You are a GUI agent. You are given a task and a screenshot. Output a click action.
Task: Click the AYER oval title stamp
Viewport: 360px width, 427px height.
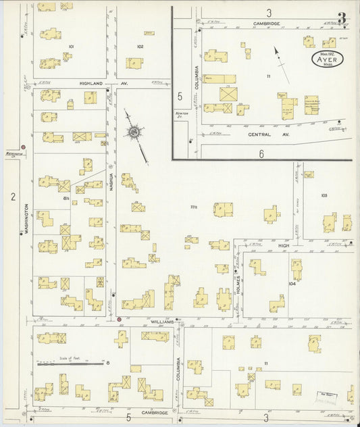328,59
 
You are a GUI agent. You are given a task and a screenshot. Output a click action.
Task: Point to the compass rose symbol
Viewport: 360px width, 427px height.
135,131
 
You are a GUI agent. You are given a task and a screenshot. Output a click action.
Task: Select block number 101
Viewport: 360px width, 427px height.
71,47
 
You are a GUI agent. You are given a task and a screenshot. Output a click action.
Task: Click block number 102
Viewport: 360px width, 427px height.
140,47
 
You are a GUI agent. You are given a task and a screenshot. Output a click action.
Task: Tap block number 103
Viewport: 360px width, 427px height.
324,195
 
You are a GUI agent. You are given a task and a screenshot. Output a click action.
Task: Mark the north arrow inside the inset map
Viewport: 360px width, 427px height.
282,64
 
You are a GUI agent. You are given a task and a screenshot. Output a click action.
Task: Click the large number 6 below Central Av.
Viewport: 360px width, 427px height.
261,154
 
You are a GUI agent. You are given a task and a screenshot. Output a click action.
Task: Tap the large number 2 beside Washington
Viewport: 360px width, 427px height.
12,197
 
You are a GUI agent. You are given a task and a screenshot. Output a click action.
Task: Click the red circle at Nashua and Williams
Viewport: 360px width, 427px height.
120,319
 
